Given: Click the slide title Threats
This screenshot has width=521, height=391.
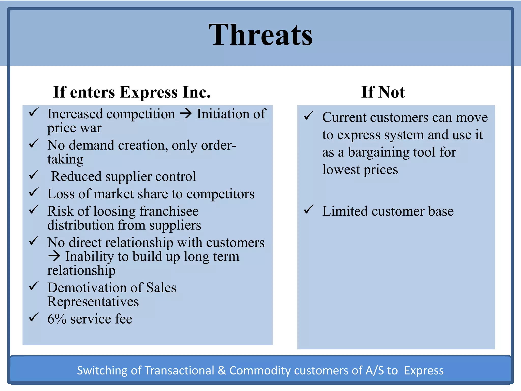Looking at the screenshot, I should [x=260, y=35].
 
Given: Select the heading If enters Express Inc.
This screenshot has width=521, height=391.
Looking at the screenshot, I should [x=132, y=92].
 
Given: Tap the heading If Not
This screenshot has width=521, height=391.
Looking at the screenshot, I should [x=383, y=92].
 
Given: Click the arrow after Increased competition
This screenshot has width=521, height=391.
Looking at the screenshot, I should [x=186, y=114].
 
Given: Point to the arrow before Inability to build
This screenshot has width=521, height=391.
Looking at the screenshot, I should [x=54, y=256].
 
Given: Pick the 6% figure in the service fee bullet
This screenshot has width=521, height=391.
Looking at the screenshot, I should [x=57, y=319].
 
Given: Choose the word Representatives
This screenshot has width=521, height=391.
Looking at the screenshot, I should [x=93, y=302].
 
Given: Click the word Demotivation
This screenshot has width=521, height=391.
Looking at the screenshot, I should [x=87, y=288].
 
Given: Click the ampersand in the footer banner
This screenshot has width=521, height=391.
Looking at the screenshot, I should [x=222, y=370].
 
